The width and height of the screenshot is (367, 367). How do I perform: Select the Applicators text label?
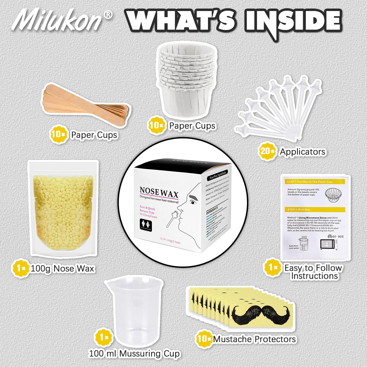[302, 152]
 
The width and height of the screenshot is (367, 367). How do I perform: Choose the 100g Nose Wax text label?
[63, 269]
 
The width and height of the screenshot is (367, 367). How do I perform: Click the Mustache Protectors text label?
[254, 339]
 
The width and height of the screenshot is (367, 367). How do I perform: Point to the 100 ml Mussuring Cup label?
[134, 354]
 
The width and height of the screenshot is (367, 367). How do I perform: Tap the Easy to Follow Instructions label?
[313, 272]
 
